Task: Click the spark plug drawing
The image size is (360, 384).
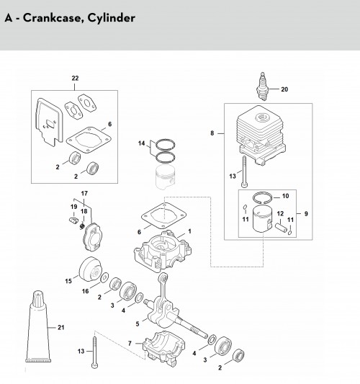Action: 262,86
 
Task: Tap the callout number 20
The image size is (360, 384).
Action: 284,89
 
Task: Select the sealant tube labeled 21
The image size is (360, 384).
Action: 38,326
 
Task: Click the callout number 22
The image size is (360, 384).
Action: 75,78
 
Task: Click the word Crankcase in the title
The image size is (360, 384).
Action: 52,17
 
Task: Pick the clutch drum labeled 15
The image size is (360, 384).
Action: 90,270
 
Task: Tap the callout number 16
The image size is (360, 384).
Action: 86,291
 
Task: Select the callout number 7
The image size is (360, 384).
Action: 130,344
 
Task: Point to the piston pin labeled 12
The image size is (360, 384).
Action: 282,227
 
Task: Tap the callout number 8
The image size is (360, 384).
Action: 212,133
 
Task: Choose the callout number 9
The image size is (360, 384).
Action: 306,214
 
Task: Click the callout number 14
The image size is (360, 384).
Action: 141,143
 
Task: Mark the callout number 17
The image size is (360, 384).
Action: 84,194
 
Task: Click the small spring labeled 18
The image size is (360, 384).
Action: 82,226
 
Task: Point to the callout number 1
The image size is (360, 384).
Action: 189,231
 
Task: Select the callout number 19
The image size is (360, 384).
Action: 74,207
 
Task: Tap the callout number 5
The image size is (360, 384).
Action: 138,324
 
